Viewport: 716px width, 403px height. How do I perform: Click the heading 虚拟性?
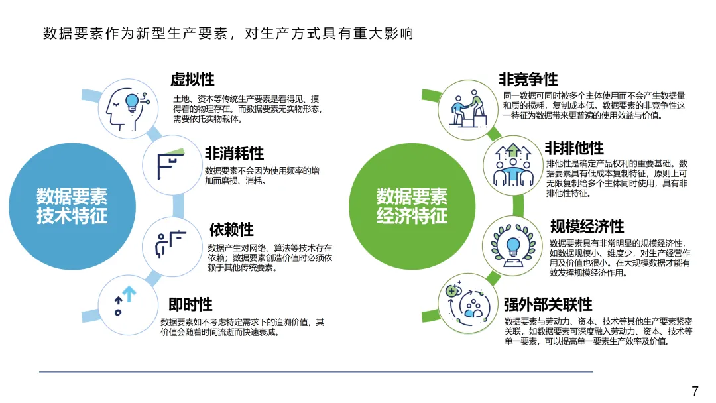[x=192, y=80]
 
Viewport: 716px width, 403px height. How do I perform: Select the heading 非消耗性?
[x=234, y=154]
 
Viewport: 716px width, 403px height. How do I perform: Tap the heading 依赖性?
[x=231, y=229]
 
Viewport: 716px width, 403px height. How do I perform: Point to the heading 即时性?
[x=190, y=304]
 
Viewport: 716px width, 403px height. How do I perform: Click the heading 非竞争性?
[x=528, y=80]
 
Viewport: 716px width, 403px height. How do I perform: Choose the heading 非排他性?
[x=574, y=147]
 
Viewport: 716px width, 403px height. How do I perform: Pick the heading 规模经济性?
[x=587, y=227]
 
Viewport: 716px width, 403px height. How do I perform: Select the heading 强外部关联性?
[x=548, y=304]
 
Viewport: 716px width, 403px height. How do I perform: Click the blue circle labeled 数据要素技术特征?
[x=72, y=205]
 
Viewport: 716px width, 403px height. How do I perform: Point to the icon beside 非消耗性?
[x=172, y=163]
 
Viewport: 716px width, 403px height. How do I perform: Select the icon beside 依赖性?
[x=171, y=244]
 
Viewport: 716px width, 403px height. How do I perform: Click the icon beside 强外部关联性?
[x=467, y=302]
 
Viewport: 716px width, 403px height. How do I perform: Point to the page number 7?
[x=695, y=390]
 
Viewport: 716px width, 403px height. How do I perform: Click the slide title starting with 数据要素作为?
[x=229, y=33]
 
